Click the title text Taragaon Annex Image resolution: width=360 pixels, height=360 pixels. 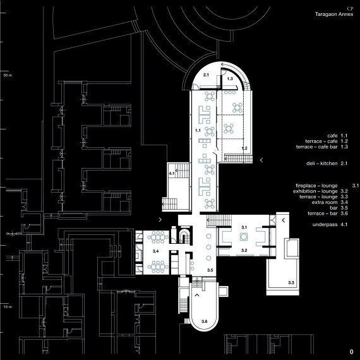[334, 15]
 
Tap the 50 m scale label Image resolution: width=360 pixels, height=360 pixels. [8, 75]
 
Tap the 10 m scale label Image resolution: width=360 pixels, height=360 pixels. [8, 307]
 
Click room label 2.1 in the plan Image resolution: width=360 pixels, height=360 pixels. [206, 75]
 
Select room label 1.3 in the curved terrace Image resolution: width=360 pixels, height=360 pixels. [230, 79]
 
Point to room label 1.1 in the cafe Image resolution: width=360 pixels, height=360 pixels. [198, 130]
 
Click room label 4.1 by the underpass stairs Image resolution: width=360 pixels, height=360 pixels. [172, 174]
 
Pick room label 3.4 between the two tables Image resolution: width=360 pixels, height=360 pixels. [155, 251]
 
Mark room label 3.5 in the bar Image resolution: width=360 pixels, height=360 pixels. [210, 270]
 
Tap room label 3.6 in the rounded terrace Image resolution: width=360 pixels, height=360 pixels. [205, 321]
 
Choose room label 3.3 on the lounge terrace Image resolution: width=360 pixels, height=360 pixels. [291, 282]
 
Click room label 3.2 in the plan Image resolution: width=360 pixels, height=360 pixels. [244, 250]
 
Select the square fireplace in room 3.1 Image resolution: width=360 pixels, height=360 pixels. [244, 237]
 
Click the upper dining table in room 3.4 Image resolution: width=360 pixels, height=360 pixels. [158, 237]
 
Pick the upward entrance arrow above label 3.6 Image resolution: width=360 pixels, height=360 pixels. [197, 295]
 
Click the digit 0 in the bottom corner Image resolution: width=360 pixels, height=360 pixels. [352, 352]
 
